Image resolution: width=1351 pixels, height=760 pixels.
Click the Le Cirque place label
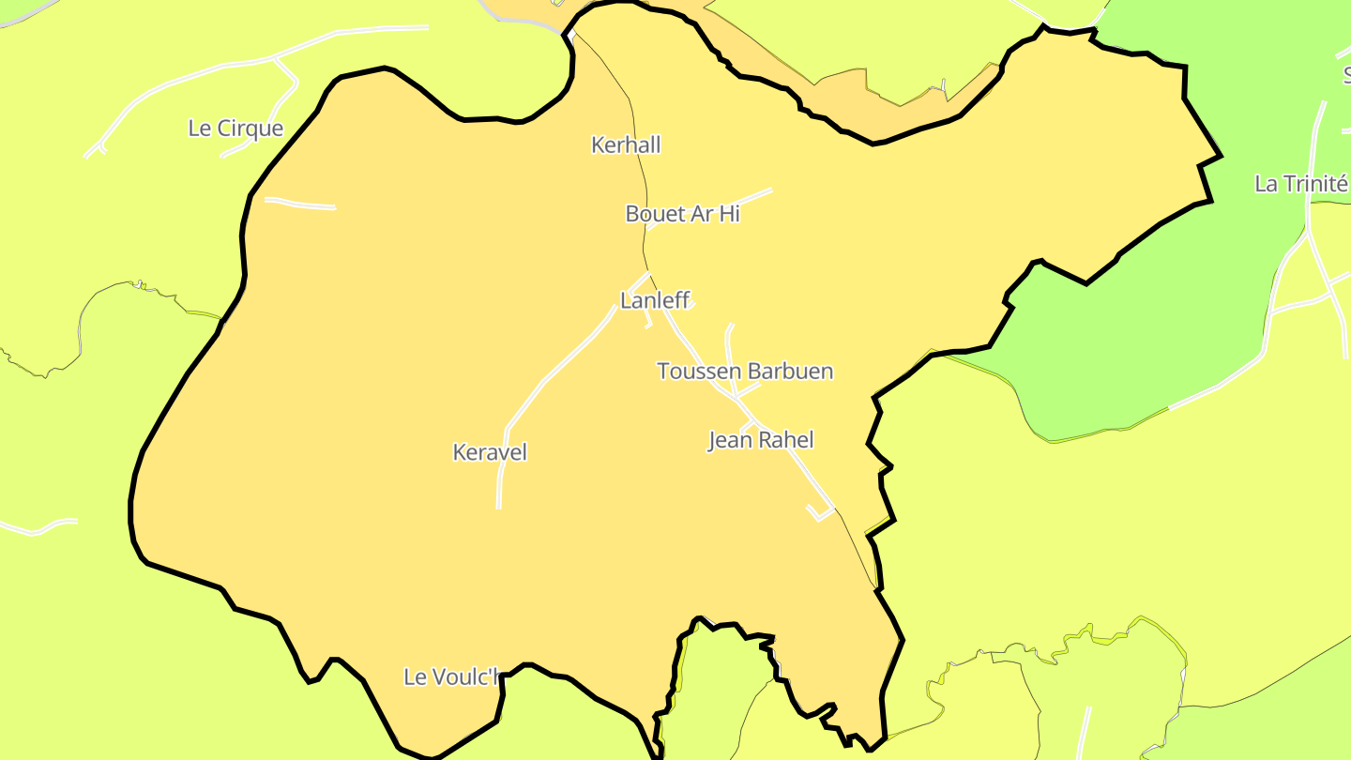[x=235, y=129]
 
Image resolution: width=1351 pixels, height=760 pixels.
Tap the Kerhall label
[x=626, y=144]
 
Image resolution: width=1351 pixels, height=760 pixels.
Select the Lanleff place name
[x=655, y=300]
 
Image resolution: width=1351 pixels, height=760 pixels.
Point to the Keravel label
[x=490, y=452]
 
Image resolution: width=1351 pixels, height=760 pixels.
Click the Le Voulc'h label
[x=451, y=676]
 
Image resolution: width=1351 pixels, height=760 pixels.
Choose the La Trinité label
[x=1300, y=184]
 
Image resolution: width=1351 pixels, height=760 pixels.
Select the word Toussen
[x=694, y=372]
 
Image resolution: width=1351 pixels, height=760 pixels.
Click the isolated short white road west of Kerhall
[x=300, y=204]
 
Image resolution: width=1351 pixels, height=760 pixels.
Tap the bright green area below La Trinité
[x=1126, y=338]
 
